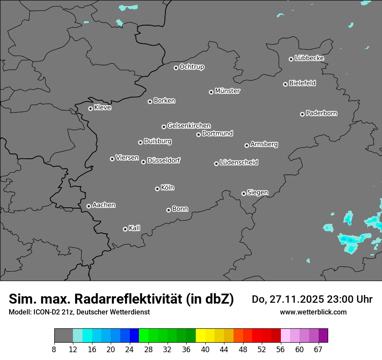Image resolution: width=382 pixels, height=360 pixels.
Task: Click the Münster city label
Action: click(227, 91)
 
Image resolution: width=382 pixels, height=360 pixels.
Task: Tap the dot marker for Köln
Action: click(157, 189)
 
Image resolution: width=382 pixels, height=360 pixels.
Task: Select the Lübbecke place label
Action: click(309, 58)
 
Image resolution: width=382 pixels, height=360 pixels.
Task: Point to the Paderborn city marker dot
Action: click(302, 114)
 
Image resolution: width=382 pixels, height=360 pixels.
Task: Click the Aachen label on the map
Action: click(104, 205)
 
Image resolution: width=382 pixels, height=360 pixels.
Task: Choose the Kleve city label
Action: click(102, 108)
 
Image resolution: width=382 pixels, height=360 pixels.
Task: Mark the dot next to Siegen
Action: click(244, 193)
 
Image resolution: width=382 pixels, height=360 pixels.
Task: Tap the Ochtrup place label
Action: click(192, 67)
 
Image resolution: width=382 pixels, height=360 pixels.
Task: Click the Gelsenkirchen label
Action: click(189, 126)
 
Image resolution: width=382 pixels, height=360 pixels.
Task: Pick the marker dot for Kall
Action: click(125, 229)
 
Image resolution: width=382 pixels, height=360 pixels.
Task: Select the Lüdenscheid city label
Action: click(239, 163)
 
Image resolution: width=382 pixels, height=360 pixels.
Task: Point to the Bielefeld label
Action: click(302, 83)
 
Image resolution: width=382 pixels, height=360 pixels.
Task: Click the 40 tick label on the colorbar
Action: click(205, 349)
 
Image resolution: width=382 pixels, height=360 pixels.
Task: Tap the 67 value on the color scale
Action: click(318, 349)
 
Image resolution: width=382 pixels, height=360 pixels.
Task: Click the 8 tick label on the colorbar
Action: click(54, 349)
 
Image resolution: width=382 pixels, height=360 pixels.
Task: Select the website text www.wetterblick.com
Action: click(313, 312)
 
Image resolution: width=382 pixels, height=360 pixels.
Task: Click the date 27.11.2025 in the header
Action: click(296, 299)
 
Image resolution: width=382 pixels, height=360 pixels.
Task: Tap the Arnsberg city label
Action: click(264, 144)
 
